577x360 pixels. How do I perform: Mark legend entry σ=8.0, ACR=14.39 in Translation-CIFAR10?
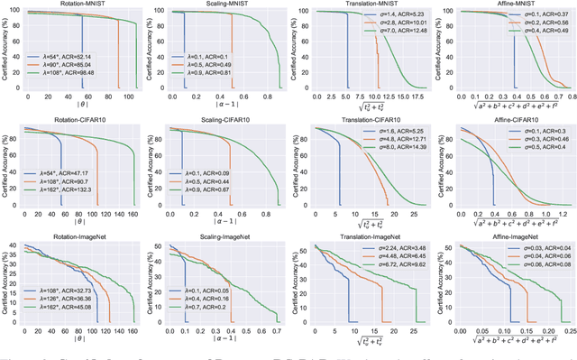pyautogui.click(x=394, y=146)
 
